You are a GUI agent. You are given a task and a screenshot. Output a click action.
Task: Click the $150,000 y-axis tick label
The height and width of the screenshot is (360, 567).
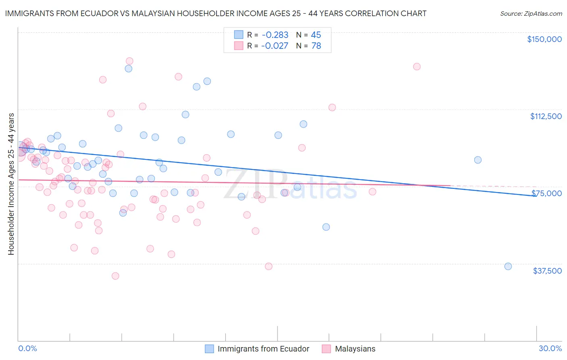(544, 39)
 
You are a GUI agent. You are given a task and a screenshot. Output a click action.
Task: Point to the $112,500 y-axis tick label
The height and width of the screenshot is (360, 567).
(546, 116)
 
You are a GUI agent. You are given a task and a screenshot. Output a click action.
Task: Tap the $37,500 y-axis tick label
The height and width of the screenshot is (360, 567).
(547, 271)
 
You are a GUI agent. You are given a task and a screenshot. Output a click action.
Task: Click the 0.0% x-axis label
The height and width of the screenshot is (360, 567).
(27, 348)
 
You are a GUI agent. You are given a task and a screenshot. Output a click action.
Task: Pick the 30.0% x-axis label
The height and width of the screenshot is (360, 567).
(550, 348)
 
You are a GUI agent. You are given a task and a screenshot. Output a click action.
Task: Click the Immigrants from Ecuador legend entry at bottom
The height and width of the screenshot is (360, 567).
(263, 349)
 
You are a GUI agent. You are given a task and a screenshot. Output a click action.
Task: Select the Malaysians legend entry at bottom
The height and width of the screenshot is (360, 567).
(355, 349)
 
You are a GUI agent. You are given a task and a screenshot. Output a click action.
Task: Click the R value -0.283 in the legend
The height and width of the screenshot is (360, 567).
(275, 35)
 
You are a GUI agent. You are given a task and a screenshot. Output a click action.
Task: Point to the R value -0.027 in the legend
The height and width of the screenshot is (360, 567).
(275, 46)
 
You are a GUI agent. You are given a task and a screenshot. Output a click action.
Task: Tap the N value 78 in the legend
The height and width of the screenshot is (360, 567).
(316, 46)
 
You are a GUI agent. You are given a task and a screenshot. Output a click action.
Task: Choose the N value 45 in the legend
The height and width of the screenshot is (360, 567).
(316, 35)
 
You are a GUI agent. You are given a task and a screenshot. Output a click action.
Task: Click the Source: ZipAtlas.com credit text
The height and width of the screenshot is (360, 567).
(531, 14)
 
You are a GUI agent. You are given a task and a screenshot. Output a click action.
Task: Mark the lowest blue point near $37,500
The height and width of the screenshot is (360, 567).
(508, 266)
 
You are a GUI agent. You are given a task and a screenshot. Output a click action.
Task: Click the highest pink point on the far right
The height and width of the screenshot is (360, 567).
(417, 67)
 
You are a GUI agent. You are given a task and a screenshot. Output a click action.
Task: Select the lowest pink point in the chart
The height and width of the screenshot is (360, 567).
(115, 276)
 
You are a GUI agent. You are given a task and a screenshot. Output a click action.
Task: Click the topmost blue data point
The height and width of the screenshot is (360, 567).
(129, 69)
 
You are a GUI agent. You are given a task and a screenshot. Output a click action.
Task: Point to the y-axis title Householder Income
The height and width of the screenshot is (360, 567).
(11, 184)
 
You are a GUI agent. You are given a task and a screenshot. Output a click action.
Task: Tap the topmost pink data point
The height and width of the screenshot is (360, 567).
(129, 61)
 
